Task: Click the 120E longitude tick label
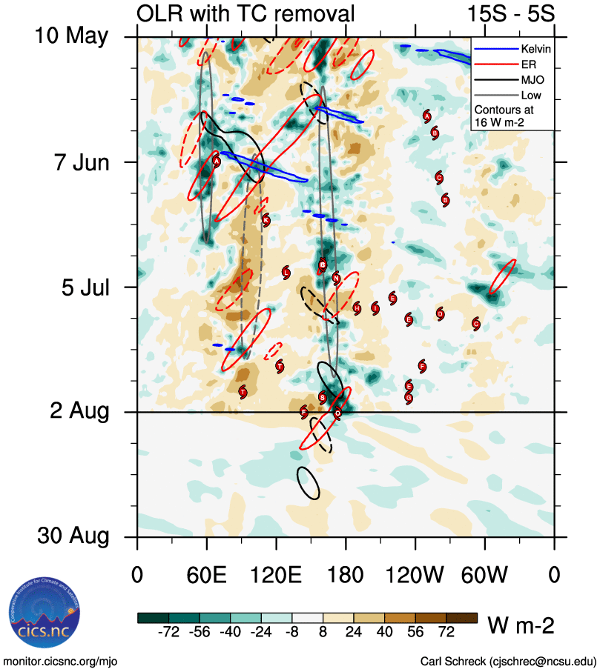[x=276, y=574]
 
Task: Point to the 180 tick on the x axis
[x=346, y=574]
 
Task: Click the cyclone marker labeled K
[x=266, y=220]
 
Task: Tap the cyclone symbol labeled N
[x=336, y=279]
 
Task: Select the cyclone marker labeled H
[x=357, y=308]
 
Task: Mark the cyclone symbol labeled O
[x=337, y=413]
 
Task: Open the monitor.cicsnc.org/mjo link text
[x=61, y=661]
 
